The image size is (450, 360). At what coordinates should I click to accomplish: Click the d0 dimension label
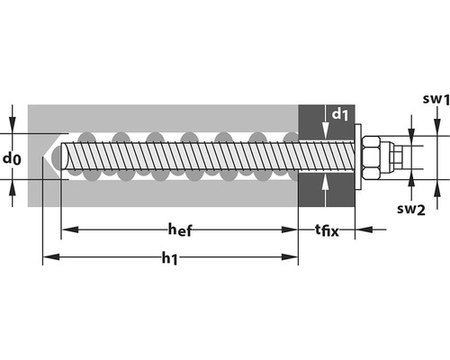(x=12, y=158)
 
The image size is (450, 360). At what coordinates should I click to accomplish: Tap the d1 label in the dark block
(x=340, y=114)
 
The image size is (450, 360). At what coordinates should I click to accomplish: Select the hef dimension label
(x=180, y=230)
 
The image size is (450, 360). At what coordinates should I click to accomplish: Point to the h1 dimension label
(x=170, y=258)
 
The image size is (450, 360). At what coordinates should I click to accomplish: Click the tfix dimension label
(x=327, y=230)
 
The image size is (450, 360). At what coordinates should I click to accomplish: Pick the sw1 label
(x=436, y=100)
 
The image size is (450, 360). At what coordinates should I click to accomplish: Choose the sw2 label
(x=411, y=209)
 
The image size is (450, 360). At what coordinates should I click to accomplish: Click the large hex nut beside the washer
(x=371, y=157)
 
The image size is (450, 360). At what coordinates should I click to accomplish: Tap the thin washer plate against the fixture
(x=358, y=157)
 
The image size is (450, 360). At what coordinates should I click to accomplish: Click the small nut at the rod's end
(x=397, y=157)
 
